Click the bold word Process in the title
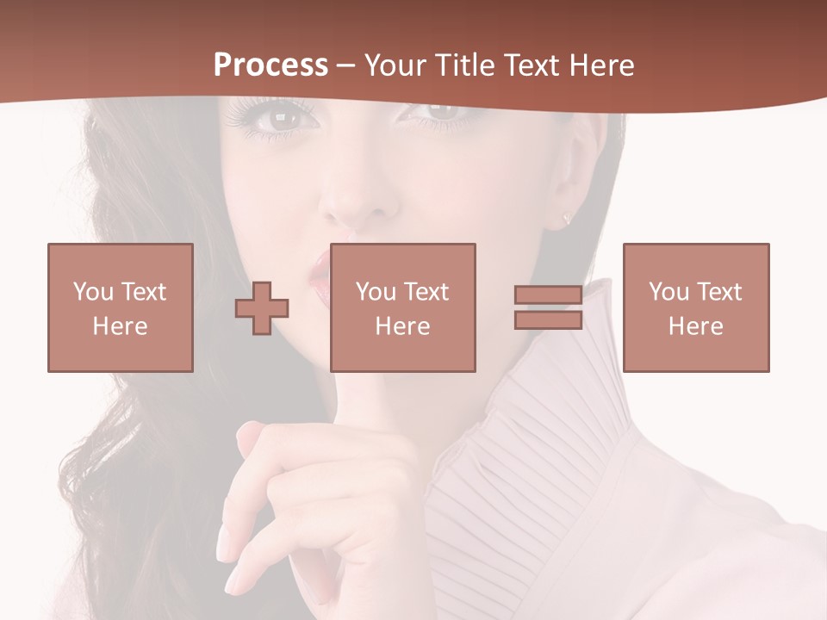point(270,65)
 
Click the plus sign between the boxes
point(262,308)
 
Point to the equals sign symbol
point(548,307)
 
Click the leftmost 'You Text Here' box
point(121,307)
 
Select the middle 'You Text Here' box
point(403,307)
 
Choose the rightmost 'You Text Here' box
point(696,307)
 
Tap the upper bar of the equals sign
point(548,295)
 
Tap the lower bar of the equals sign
point(548,319)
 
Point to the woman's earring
point(566,218)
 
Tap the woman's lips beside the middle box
point(320,277)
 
